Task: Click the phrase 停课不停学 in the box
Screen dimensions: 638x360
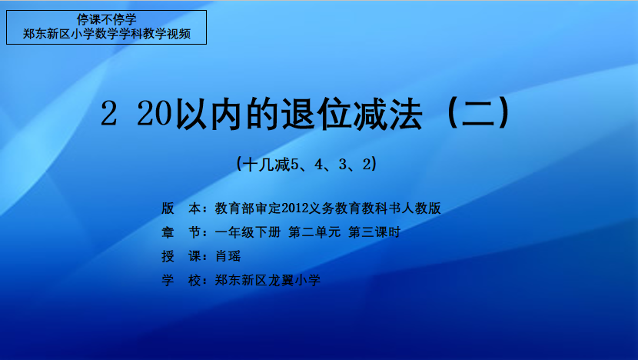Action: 107,19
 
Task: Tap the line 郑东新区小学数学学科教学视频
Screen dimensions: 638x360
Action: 107,34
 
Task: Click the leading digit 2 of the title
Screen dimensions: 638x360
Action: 108,114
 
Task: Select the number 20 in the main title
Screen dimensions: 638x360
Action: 155,114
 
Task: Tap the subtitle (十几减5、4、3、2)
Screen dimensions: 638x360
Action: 307,164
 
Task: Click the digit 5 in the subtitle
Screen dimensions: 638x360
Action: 294,164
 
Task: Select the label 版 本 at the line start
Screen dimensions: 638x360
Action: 181,208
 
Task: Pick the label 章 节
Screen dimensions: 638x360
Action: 181,232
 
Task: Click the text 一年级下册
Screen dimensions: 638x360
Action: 248,232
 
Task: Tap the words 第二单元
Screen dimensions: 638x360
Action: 314,232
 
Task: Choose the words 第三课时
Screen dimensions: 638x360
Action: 375,232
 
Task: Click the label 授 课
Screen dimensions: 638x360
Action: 181,256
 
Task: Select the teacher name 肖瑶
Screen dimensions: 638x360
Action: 228,256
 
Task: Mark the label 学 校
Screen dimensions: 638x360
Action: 181,280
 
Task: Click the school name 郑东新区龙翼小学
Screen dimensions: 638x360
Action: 267,280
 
